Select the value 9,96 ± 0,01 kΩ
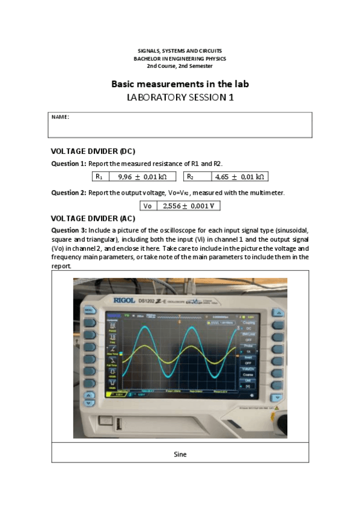(142, 177)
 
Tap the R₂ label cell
(191, 177)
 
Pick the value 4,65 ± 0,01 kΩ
(239, 177)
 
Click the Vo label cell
(148, 206)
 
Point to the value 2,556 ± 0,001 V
(188, 206)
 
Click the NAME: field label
(60, 117)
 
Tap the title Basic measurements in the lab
(180, 84)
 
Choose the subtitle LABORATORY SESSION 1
(180, 97)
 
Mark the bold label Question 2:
(69, 192)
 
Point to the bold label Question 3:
(69, 230)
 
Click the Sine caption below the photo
(180, 454)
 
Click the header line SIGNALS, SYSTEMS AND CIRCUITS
(180, 52)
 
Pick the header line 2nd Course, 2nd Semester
(180, 66)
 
